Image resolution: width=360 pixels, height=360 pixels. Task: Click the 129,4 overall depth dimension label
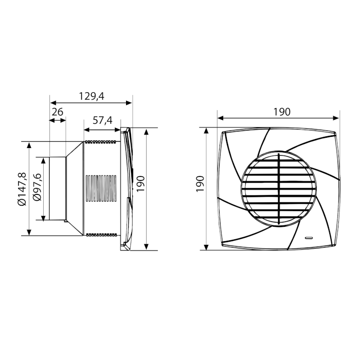pos(91,96)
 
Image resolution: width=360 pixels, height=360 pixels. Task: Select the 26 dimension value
pos(57,112)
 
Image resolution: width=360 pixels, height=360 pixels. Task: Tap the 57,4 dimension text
pos(102,120)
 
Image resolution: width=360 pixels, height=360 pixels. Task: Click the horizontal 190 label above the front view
pos(282,112)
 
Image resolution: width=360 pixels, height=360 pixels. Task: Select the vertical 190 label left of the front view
pos(200,184)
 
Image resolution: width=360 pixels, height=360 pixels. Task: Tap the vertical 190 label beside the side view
pos(140,184)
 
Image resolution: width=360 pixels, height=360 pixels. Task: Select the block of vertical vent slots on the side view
pos(100,188)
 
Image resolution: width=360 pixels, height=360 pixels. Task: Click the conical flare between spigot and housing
pos(75,189)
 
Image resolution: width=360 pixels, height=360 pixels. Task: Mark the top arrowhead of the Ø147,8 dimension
pos(29,144)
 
